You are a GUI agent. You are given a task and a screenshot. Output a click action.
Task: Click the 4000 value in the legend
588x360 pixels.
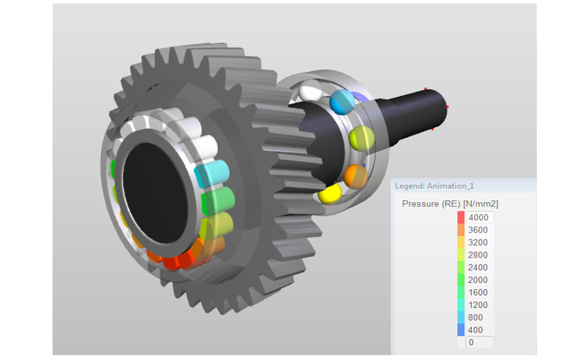(x=478, y=217)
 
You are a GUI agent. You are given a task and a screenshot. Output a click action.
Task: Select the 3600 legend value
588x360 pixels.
(x=478, y=230)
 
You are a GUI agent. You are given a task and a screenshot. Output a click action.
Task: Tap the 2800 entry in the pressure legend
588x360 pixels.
(x=478, y=255)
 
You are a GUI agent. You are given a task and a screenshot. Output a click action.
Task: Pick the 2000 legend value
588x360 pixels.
(x=478, y=280)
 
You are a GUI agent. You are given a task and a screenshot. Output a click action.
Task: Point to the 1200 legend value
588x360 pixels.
(x=478, y=305)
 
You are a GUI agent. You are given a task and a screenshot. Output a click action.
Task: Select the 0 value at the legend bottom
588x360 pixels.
(x=472, y=342)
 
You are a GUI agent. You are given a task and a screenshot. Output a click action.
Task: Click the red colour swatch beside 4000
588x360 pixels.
(x=461, y=217)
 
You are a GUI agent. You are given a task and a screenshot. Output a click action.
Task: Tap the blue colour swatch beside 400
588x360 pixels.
(x=461, y=330)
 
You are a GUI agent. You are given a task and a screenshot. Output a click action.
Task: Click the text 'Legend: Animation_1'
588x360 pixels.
(x=434, y=186)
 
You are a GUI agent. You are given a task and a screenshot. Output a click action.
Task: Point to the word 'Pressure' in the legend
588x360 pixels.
(x=420, y=204)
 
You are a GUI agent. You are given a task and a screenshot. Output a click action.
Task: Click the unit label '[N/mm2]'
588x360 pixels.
(x=480, y=204)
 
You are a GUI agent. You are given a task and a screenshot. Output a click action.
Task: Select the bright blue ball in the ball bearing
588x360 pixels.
(x=341, y=101)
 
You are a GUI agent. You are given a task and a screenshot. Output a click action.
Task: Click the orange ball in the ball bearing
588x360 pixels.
(x=355, y=176)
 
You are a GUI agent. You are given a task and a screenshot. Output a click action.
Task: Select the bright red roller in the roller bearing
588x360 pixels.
(x=181, y=260)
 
